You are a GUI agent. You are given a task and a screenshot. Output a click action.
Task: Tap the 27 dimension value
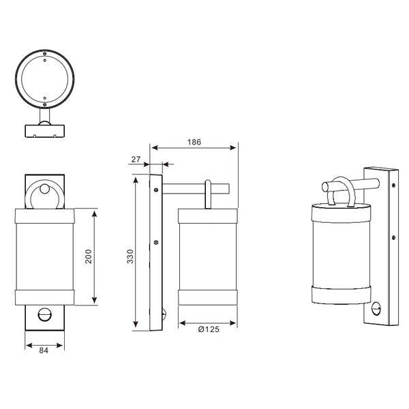[136, 159]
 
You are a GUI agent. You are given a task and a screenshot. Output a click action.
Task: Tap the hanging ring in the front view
[46, 196]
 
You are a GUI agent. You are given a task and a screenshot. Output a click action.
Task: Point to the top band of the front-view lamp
[46, 217]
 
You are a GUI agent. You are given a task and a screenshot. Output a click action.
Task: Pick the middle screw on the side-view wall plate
[157, 241]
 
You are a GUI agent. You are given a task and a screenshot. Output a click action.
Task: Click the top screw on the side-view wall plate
[157, 190]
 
